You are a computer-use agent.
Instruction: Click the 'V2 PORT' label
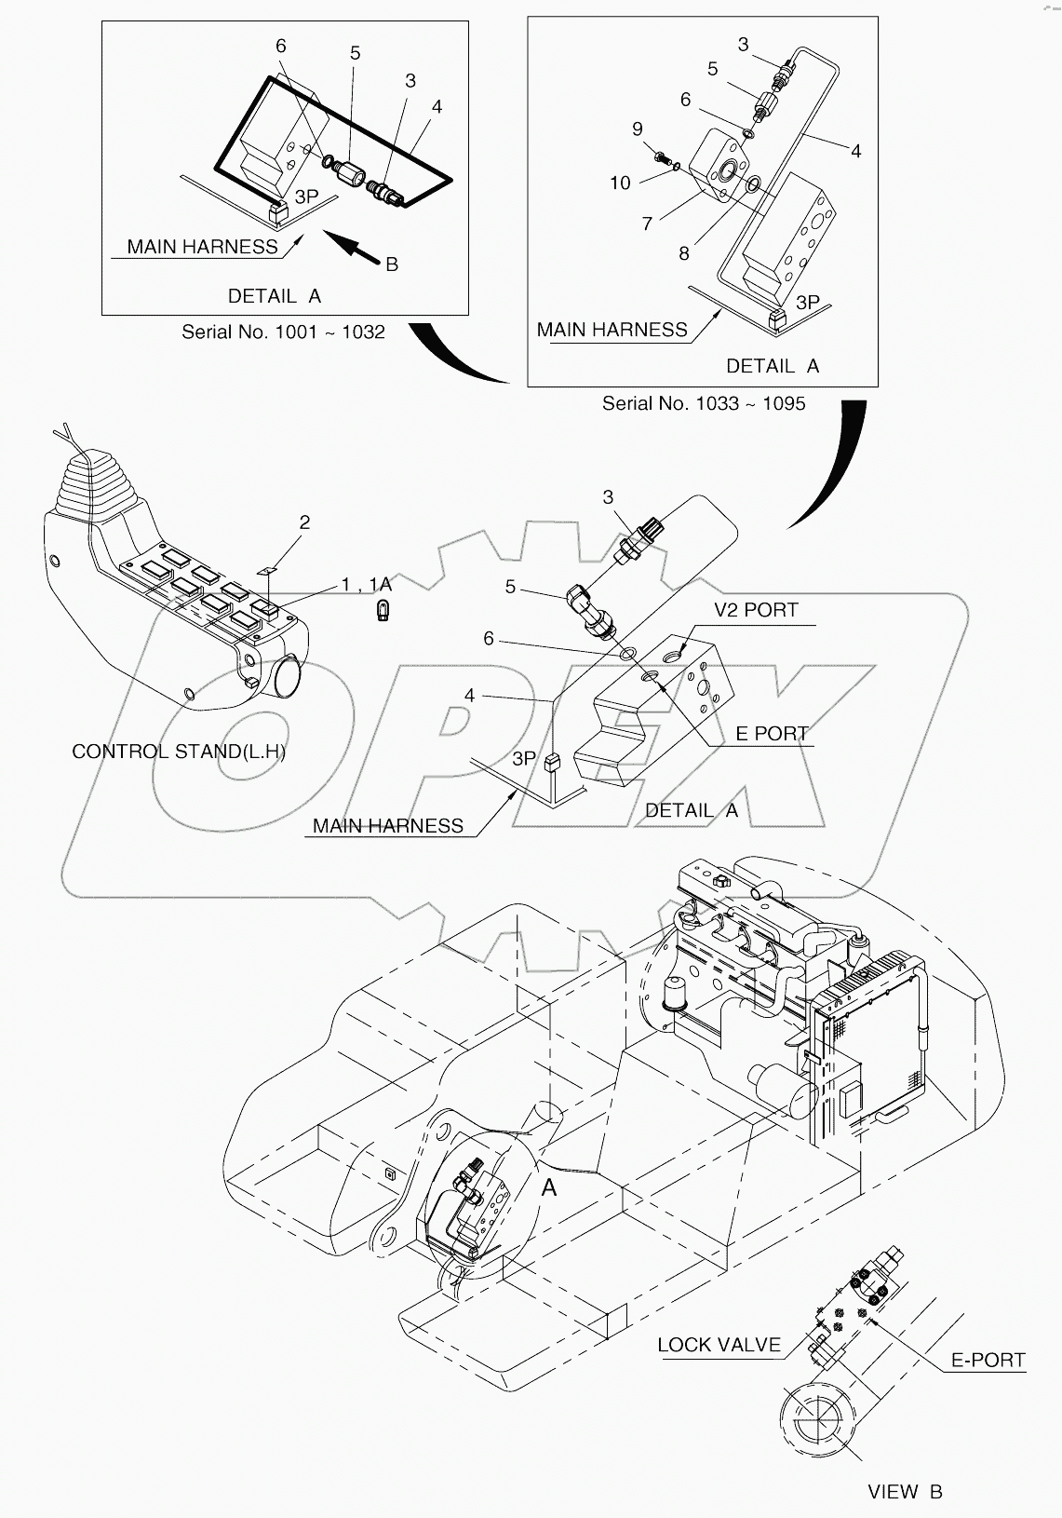(756, 610)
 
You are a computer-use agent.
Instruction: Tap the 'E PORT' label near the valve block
(772, 734)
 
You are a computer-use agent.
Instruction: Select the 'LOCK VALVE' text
(719, 1345)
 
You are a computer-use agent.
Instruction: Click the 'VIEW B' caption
(905, 1492)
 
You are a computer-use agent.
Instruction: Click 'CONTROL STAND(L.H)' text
(179, 752)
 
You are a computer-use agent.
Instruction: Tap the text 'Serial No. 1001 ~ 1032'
(283, 332)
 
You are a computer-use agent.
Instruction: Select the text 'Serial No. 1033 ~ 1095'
(704, 403)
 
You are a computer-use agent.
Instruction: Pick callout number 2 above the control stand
(304, 522)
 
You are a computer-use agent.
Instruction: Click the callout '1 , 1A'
(366, 584)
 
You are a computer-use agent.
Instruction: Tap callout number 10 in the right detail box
(621, 183)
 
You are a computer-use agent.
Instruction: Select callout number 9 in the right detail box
(638, 129)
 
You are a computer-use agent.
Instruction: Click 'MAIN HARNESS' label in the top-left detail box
(202, 247)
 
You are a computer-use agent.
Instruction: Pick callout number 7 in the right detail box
(647, 223)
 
